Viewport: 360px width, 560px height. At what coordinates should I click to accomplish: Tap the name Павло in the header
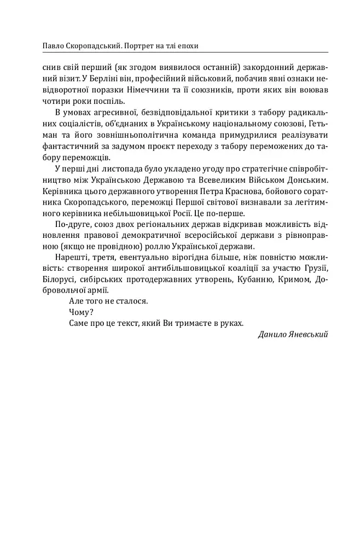45,45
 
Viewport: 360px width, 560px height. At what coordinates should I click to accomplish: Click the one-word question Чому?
81,312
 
